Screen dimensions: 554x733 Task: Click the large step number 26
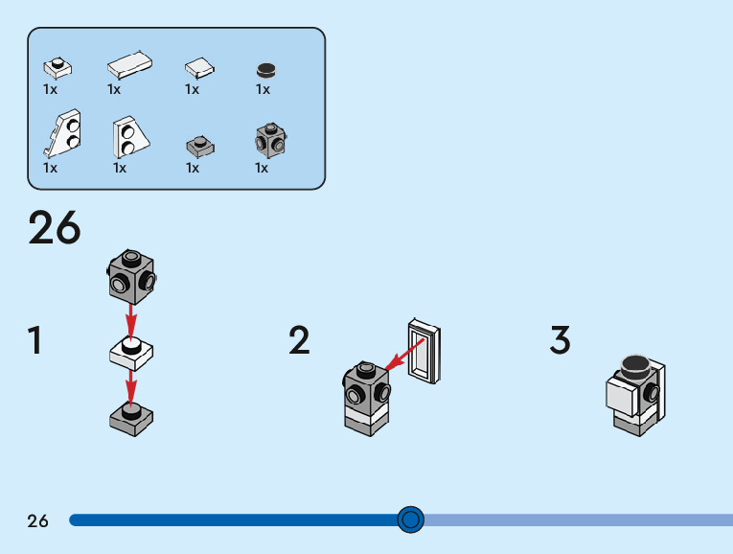(55, 228)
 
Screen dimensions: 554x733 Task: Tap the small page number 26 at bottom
(37, 520)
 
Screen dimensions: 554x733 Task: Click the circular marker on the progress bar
(410, 519)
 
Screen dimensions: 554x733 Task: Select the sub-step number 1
(35, 341)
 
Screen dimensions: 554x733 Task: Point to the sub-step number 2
(300, 341)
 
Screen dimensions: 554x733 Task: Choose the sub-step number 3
(561, 341)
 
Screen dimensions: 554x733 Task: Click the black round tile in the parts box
(265, 69)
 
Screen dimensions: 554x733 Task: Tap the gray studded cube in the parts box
(270, 141)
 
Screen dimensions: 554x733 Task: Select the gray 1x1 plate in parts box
(199, 146)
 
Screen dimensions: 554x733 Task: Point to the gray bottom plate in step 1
(131, 417)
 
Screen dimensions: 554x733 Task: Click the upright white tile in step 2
(424, 352)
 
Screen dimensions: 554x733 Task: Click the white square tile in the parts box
(199, 66)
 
